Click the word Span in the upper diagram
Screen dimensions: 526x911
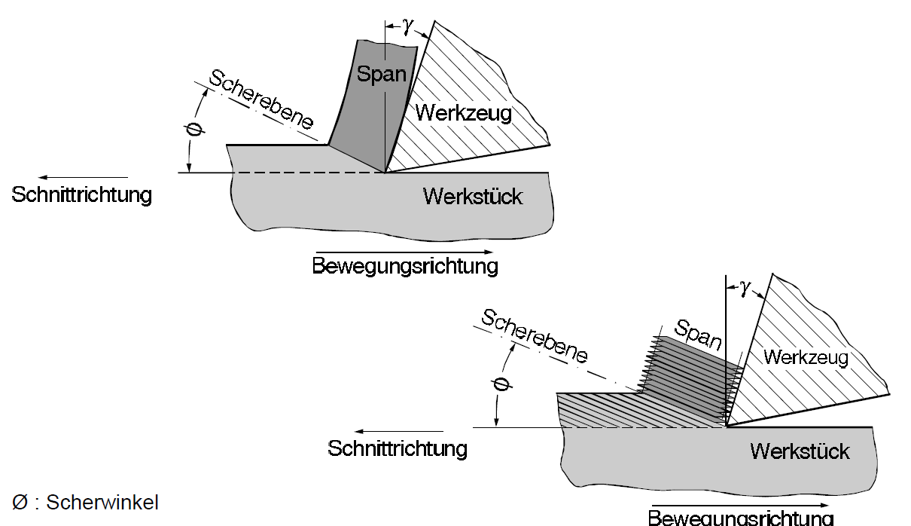382,75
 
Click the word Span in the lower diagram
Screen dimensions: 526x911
698,335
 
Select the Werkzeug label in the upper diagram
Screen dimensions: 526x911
464,114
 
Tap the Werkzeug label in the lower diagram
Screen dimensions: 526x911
806,356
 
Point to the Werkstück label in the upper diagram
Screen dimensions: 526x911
473,197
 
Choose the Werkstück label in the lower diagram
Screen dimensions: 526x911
800,451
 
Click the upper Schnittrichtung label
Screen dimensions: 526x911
82,194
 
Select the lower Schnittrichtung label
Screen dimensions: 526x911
398,449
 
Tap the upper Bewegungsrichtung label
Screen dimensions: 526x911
405,266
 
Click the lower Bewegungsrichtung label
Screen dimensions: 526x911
741,518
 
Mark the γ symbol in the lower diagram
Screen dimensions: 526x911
745,288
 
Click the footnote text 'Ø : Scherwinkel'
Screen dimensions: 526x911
86,503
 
